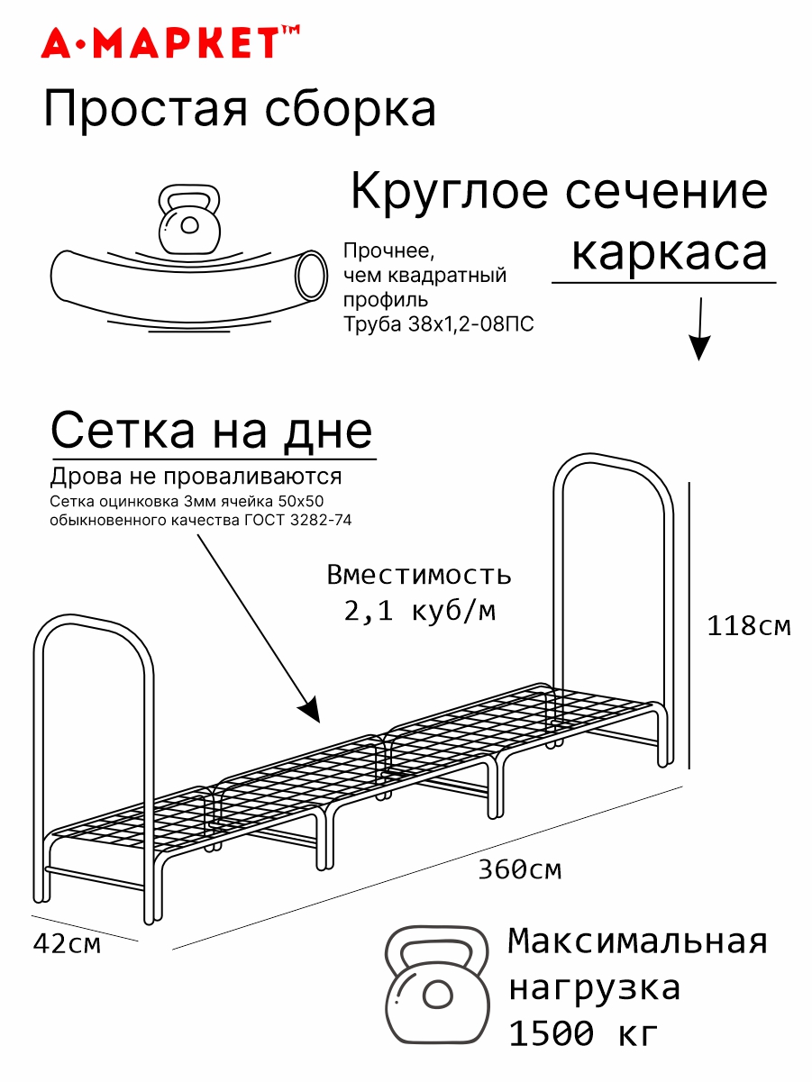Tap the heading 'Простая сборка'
point(240,111)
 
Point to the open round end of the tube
point(311,274)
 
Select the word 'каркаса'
point(670,253)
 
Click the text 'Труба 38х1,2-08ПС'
point(439,324)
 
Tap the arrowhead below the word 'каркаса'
point(699,348)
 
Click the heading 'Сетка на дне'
point(212,431)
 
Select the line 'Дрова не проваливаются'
point(196,476)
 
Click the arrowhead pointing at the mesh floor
point(310,709)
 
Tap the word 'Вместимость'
point(419,574)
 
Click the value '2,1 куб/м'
point(419,612)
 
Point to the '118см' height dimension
point(749,625)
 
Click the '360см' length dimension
point(520,870)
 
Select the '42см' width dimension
point(67,944)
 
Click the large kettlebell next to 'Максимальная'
point(437,985)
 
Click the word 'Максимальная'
point(638,941)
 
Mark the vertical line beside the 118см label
point(689,625)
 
